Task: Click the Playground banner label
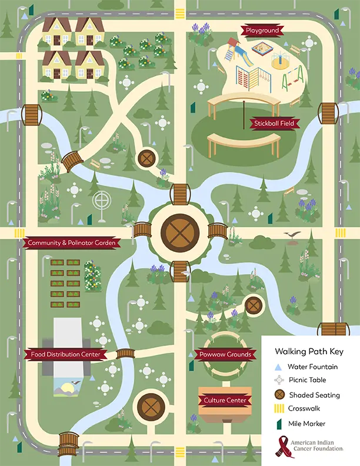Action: tap(262, 30)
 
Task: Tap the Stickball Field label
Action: tap(274, 124)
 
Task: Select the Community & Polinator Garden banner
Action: tap(74, 243)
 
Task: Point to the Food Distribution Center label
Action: tap(65, 354)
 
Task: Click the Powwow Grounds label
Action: tap(225, 354)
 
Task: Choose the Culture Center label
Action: tap(225, 401)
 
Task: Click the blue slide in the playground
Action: tap(244, 58)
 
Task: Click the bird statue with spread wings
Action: tap(292, 236)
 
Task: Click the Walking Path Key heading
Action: tap(309, 351)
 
